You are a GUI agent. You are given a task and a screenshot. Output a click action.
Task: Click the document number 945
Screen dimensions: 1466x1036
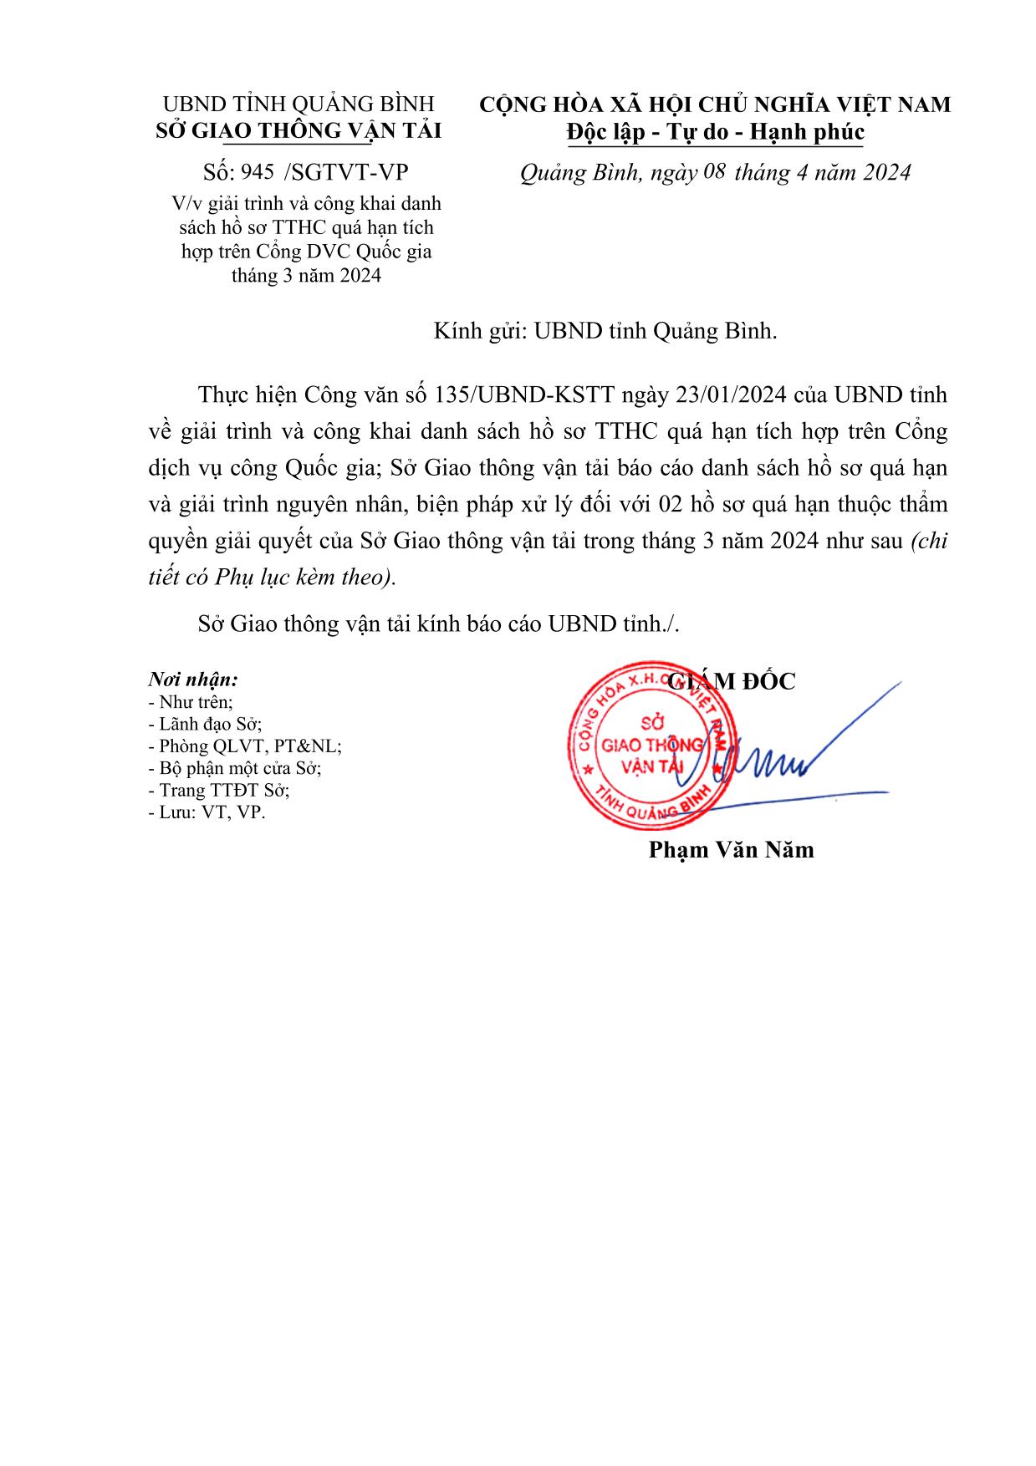pyautogui.click(x=257, y=173)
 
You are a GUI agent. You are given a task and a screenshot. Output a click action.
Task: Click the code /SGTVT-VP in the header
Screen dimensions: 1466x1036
pyautogui.click(x=346, y=173)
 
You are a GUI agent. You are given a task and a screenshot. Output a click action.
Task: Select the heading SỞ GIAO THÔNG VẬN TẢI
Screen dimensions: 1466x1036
pyautogui.click(x=299, y=130)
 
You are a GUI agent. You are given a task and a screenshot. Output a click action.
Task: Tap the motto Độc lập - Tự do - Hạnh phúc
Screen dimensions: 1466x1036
pyautogui.click(x=715, y=132)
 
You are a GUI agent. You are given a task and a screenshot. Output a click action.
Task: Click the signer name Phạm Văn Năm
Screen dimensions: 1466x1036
pyautogui.click(x=731, y=850)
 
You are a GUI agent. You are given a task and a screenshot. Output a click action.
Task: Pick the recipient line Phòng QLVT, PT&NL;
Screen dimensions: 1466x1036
pyautogui.click(x=244, y=746)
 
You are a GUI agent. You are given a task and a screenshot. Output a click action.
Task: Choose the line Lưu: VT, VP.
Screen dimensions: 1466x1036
pyautogui.click(x=206, y=812)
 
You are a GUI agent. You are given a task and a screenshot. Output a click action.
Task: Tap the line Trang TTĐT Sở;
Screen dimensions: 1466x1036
pyautogui.click(x=218, y=790)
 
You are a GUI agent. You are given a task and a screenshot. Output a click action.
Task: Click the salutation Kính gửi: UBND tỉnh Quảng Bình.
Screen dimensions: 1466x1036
pyautogui.click(x=605, y=331)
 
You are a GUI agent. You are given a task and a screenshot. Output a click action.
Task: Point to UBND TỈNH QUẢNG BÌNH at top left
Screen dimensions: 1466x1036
pyautogui.click(x=299, y=104)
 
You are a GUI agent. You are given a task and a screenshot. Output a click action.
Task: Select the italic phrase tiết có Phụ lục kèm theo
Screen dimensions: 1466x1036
pyautogui.click(x=269, y=578)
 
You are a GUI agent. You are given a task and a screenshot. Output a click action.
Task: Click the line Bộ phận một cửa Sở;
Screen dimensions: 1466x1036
pyautogui.click(x=234, y=768)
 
